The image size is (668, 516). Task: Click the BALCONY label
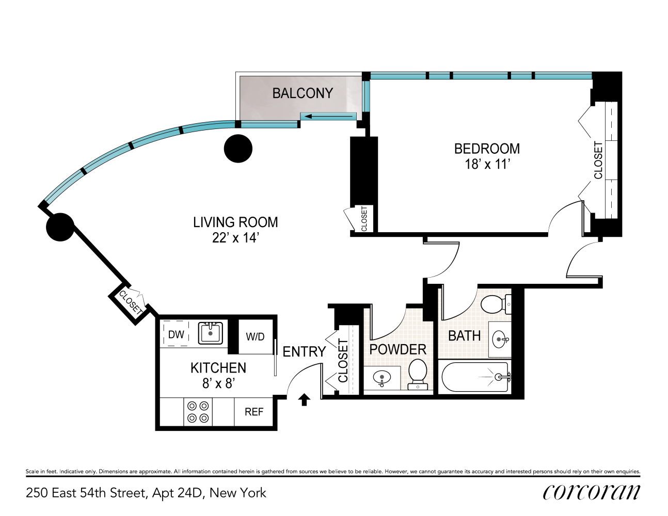[x=303, y=93]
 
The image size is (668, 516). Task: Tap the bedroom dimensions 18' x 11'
[x=487, y=165]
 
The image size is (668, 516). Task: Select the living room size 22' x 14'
[x=235, y=238]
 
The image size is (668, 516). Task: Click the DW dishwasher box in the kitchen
[x=176, y=334]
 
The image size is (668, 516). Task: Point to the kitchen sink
[x=211, y=333]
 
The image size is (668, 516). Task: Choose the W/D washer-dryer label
[x=255, y=337]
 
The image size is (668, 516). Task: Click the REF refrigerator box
[x=253, y=412]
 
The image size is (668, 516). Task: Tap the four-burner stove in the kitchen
[x=198, y=412]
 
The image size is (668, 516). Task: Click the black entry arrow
[x=304, y=399]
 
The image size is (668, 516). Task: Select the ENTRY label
[x=304, y=352]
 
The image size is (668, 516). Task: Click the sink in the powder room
[x=381, y=378]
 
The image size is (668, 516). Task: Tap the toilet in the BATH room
[x=496, y=304]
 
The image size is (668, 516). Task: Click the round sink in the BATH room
[x=500, y=339]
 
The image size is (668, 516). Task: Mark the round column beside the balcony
[x=238, y=149]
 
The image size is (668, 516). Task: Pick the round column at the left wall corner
[x=60, y=227]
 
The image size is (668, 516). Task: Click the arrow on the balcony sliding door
[x=309, y=116]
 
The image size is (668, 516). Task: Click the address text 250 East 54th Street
[x=146, y=493]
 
